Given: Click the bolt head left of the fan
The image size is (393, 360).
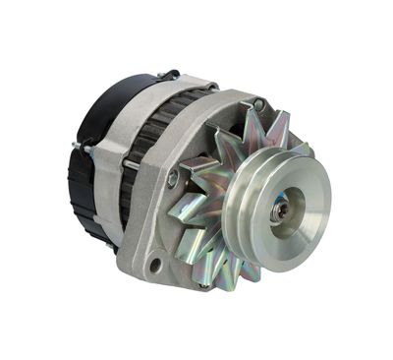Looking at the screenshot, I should pyautogui.click(x=173, y=179).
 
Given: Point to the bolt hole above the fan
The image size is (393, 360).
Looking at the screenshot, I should pyautogui.click(x=258, y=104).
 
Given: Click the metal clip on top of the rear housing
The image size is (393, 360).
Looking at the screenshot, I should pyautogui.click(x=169, y=75).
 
